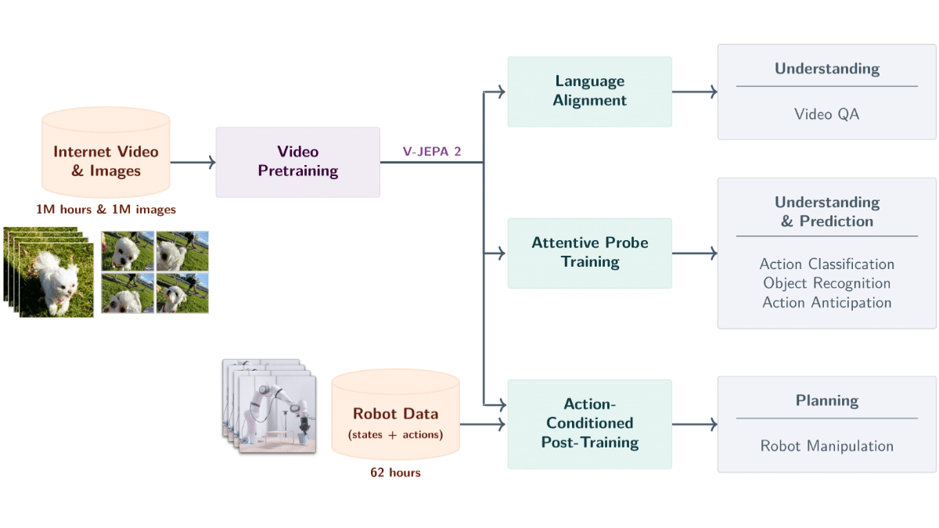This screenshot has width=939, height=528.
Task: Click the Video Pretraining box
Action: coord(298,162)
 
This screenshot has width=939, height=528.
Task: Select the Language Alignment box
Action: coord(589,92)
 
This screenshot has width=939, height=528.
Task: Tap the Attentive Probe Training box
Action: coord(589,253)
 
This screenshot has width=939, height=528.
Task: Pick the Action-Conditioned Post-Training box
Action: coord(589,424)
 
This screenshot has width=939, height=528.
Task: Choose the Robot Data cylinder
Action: coord(395,415)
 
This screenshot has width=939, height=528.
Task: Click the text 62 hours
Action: coord(395,472)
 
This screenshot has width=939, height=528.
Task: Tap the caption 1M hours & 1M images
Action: coord(106,210)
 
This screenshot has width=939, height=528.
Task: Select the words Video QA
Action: coord(826,114)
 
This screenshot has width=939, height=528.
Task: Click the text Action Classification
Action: coord(826,264)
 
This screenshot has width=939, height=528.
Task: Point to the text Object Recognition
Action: coord(826,283)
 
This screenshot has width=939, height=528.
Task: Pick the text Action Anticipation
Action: coord(826,303)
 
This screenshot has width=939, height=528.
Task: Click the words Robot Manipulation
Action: coord(826,446)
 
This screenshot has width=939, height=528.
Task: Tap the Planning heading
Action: coord(826,401)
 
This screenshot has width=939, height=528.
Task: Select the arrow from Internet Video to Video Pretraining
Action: coord(192,162)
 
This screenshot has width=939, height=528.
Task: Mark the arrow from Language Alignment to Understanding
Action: coord(694,92)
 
